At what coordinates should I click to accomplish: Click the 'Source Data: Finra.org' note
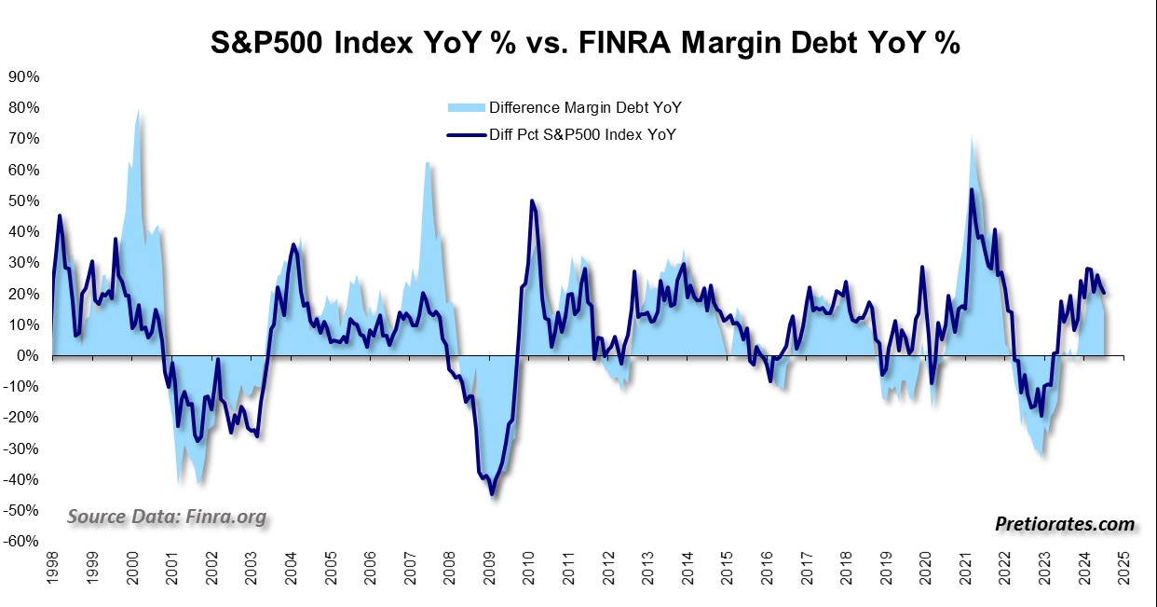tap(167, 517)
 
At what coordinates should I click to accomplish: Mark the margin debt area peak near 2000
tap(138, 110)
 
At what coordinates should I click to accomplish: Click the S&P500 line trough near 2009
tap(492, 494)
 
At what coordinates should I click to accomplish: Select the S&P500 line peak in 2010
tap(532, 200)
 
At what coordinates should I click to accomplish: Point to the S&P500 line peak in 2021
tap(972, 190)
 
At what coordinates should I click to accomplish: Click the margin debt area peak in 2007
tap(427, 163)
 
